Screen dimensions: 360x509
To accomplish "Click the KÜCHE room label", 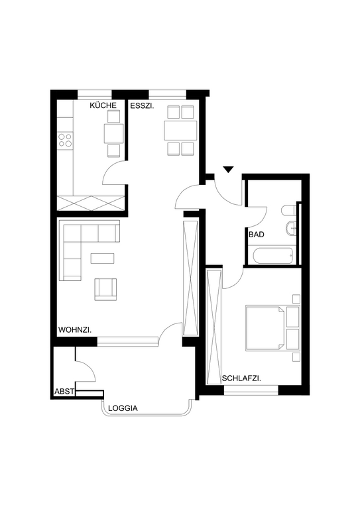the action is click(103, 105).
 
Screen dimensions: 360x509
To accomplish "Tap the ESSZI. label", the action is click(142, 105).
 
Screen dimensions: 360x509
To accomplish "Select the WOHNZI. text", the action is click(75, 330).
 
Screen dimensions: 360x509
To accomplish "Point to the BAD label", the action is click(257, 234).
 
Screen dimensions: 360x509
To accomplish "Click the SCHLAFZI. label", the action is click(242, 378).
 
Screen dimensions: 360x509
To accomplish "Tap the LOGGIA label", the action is click(123, 408).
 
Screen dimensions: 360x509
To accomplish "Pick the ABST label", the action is click(64, 392).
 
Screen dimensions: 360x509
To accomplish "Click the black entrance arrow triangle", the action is click(229, 170).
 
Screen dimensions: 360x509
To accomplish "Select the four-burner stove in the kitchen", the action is click(64, 141).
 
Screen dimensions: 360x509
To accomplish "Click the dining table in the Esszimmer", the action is click(180, 131).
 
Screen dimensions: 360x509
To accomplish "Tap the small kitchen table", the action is click(113, 133).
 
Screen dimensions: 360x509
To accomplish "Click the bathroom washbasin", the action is click(292, 228).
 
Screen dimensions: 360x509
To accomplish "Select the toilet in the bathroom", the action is click(289, 210).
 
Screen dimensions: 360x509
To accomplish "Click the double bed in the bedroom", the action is click(265, 328).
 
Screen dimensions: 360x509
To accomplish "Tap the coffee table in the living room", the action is click(103, 258).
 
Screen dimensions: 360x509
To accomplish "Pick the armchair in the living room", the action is click(105, 289).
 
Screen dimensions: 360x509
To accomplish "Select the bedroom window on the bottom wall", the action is click(251, 390).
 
